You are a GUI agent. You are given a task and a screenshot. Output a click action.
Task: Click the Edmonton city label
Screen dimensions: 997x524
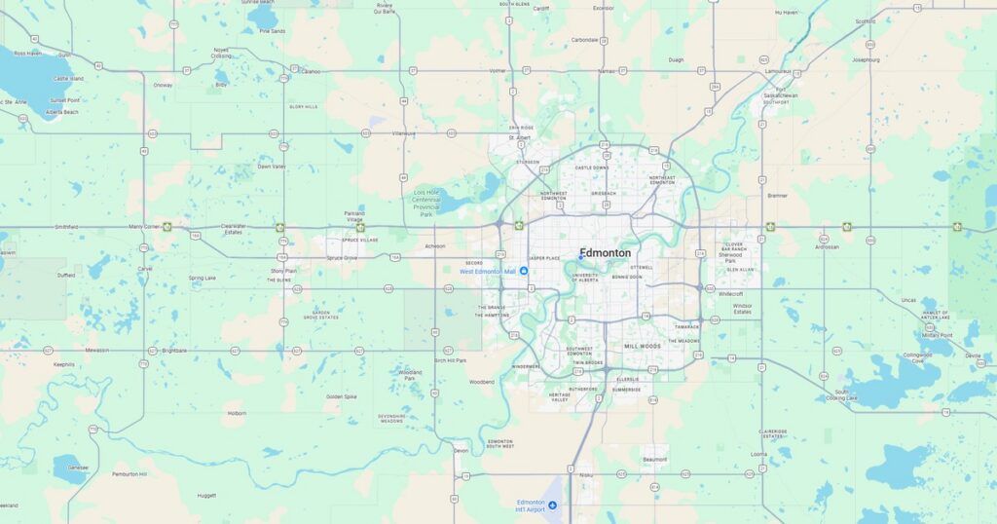[x=605, y=253]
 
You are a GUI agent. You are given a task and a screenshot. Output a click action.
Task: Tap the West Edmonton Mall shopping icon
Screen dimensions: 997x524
[x=524, y=271]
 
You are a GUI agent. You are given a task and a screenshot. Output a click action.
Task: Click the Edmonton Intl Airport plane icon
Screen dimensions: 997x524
[x=553, y=505]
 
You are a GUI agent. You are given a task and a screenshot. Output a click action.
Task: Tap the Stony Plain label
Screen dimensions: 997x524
[x=283, y=271]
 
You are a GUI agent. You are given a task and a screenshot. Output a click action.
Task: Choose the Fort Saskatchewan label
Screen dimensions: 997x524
[x=780, y=95]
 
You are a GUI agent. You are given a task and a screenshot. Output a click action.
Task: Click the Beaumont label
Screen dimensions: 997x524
[x=655, y=459]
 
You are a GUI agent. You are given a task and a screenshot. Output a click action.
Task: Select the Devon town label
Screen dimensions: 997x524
[x=461, y=451]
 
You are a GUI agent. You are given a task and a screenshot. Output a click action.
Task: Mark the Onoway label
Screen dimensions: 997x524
[x=163, y=85]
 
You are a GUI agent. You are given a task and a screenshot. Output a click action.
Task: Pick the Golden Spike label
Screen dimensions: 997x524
[x=342, y=396]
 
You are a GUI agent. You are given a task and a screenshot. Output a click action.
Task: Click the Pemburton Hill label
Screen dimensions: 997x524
[x=129, y=474]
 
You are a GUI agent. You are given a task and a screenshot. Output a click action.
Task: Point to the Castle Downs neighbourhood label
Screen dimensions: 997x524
[x=591, y=168]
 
